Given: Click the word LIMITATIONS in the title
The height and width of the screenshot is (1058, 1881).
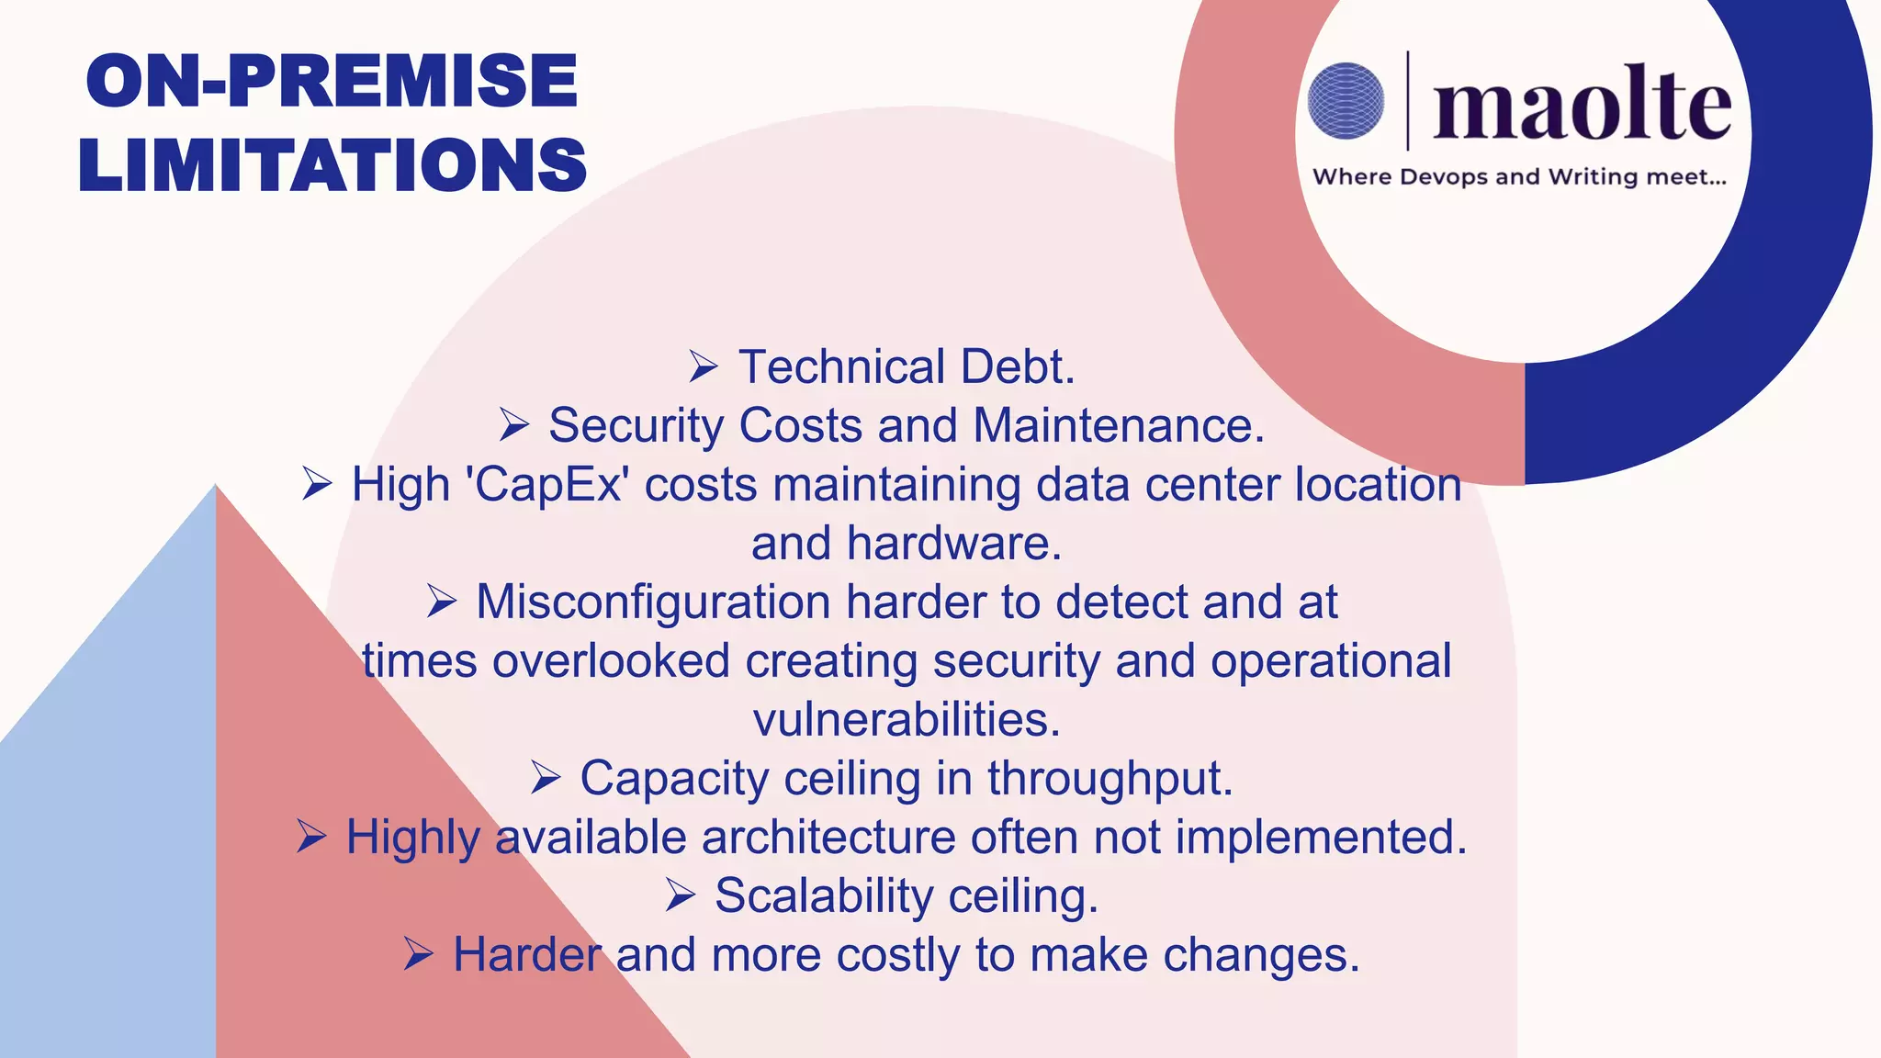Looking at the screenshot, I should tap(332, 165).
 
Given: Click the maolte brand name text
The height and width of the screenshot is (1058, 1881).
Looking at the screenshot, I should tap(1582, 106).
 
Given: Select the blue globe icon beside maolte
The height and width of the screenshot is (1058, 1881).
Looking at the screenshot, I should tap(1346, 101).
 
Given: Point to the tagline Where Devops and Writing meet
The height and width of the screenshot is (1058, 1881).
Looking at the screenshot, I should tap(1519, 176).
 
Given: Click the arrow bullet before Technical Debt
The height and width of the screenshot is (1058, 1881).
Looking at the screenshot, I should tap(704, 367).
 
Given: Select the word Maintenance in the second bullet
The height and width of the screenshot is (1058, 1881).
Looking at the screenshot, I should tap(1118, 426).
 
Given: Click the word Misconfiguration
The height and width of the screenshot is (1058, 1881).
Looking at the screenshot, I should tap(653, 602).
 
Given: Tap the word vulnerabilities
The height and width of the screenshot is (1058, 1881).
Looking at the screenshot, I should tap(907, 720).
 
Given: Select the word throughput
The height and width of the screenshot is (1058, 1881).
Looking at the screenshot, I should tap(1109, 779).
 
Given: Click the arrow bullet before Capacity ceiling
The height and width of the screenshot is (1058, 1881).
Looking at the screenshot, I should tap(546, 779).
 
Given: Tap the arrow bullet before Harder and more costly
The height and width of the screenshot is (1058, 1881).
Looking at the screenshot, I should tap(418, 955).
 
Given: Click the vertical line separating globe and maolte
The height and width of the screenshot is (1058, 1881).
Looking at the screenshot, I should tap(1408, 101).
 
